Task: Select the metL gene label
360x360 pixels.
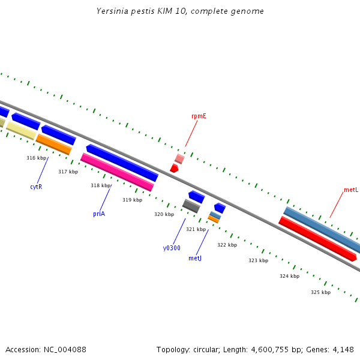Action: [x=351, y=190]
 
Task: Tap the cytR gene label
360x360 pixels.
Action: [x=36, y=187]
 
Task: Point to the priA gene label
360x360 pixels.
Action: [x=99, y=214]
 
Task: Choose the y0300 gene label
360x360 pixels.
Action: [x=172, y=248]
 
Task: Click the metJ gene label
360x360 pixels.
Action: [x=195, y=258]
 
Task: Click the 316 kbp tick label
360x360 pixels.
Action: [x=37, y=158]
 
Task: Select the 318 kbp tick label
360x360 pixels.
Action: [x=100, y=185]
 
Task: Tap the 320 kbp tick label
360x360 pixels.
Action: [x=164, y=214]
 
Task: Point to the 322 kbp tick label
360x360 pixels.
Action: [x=227, y=245]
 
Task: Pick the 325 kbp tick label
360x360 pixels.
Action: [x=320, y=292]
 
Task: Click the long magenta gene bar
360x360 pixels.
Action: [x=117, y=172]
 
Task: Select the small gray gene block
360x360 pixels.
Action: [x=191, y=206]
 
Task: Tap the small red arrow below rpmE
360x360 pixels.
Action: [x=174, y=169]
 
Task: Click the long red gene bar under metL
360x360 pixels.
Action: [x=317, y=239]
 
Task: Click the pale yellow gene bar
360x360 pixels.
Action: [x=20, y=131]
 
